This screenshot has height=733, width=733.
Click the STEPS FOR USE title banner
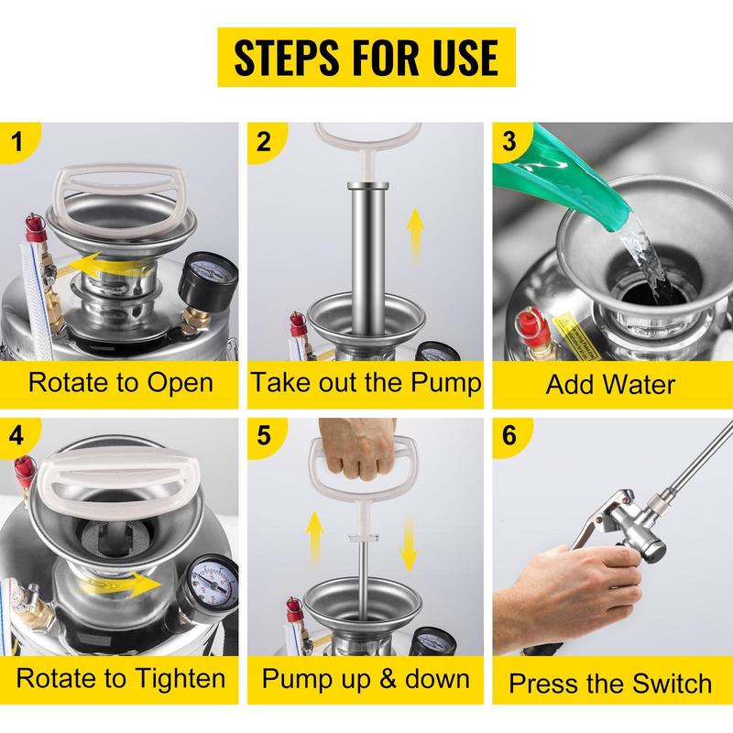366,57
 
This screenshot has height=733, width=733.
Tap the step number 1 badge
20,142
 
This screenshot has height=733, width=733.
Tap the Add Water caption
612,383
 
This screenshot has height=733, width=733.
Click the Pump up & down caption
366,678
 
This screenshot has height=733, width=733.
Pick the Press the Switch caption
612,683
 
